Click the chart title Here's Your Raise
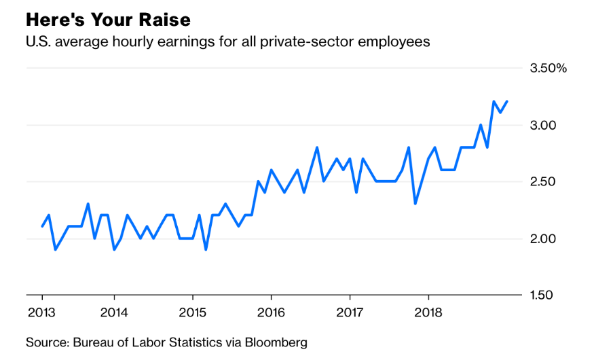click(108, 18)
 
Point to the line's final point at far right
click(506, 102)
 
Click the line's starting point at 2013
click(42, 227)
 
